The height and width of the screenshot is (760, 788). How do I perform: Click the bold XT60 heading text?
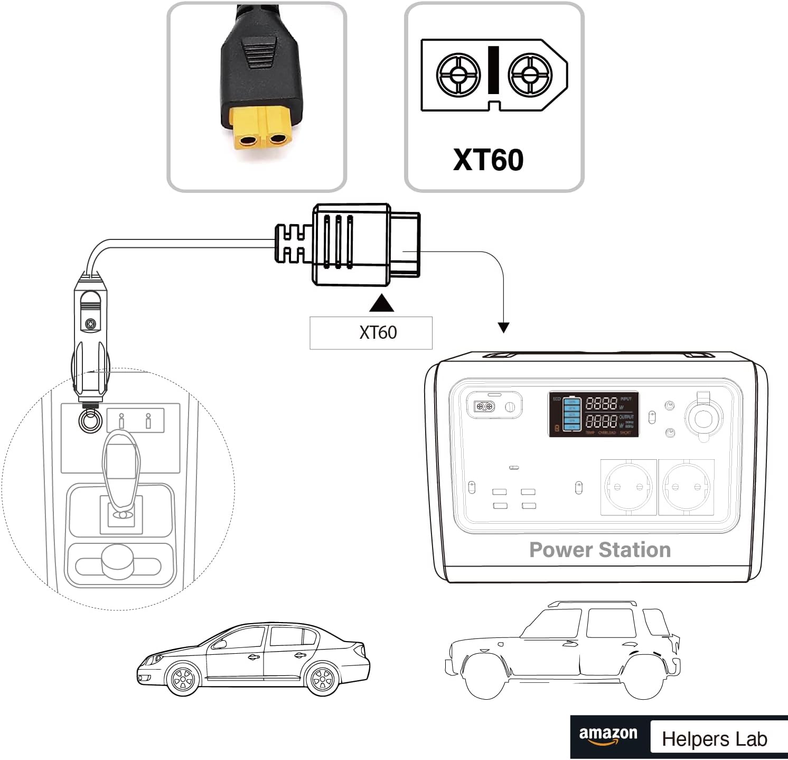[488, 160]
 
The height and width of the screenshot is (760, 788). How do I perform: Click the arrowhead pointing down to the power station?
[503, 327]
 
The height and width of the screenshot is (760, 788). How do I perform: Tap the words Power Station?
[600, 550]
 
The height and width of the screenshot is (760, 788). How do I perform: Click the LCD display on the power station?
[594, 414]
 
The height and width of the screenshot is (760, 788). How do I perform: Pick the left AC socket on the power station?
[628, 487]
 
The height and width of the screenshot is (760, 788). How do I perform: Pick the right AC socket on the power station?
[686, 487]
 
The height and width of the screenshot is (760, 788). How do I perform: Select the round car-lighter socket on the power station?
[703, 418]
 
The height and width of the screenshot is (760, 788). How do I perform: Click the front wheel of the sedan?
[183, 679]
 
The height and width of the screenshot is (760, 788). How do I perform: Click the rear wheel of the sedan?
[322, 679]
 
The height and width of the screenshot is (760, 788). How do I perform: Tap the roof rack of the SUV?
[592, 603]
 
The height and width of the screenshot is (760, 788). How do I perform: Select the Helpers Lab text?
[714, 739]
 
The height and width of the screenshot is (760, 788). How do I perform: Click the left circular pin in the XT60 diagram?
[458, 74]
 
